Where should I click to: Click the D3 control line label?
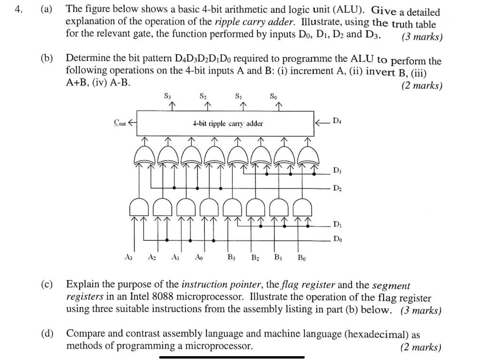pyautogui.click(x=336, y=170)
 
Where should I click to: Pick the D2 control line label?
pyautogui.click(x=336, y=188)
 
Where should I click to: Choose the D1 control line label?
pyautogui.click(x=336, y=224)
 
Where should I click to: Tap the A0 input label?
pyautogui.click(x=198, y=258)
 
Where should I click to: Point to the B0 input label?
pyautogui.click(x=302, y=258)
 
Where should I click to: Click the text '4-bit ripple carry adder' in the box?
pyautogui.click(x=227, y=124)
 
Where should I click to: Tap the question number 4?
pyautogui.click(x=18, y=9)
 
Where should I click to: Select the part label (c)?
pyautogui.click(x=47, y=285)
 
